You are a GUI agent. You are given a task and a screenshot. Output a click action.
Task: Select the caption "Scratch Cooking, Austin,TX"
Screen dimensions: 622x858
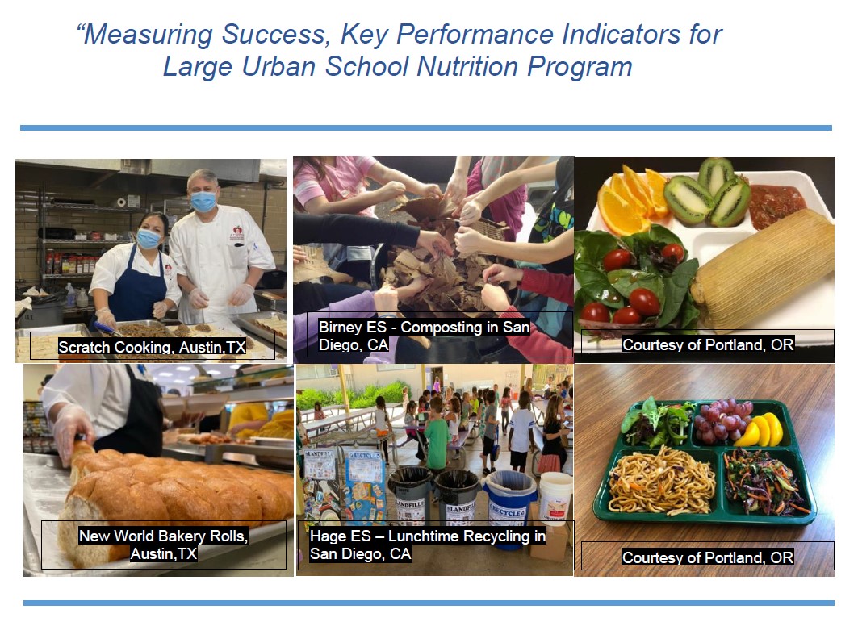coord(152,347)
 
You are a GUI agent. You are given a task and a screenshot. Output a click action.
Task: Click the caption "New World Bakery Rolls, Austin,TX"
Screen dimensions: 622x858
coord(163,545)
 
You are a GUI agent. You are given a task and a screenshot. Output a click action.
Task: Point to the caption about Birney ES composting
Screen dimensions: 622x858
coord(424,335)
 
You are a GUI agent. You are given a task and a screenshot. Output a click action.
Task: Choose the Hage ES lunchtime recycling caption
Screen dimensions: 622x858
coord(428,545)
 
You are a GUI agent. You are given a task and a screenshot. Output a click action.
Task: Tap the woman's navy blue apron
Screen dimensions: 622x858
coord(136,291)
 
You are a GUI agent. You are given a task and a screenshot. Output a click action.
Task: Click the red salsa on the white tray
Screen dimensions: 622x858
coord(776,206)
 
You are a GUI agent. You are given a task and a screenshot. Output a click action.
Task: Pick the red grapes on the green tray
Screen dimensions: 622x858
coord(721,422)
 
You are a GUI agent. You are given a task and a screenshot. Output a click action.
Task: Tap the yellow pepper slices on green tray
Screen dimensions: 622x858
coord(762,431)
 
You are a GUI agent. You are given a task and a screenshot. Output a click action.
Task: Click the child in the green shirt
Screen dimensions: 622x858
coord(437,440)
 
